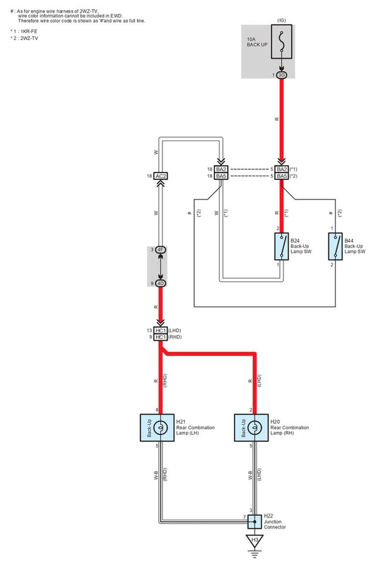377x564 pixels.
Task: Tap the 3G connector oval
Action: [281, 75]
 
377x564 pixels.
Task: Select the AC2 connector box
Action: [160, 176]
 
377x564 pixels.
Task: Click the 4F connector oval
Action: [160, 250]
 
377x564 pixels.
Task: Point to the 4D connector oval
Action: [160, 283]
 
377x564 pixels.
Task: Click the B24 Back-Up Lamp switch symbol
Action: [281, 246]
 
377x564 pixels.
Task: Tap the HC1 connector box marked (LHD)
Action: [160, 330]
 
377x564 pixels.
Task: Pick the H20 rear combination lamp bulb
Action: [255, 428]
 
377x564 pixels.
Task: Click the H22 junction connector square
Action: [255, 521]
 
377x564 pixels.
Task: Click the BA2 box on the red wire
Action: [281, 169]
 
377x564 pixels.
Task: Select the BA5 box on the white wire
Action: [221, 177]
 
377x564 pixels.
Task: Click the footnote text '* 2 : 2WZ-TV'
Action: [24, 39]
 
